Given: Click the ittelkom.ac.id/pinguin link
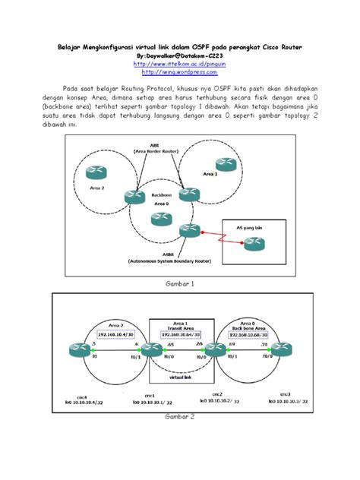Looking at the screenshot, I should pyautogui.click(x=180, y=65).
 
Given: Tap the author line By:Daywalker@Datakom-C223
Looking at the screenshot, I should pyautogui.click(x=180, y=56).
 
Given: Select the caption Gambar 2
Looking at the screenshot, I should pyautogui.click(x=180, y=417).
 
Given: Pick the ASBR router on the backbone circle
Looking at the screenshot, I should pyautogui.click(x=185, y=231).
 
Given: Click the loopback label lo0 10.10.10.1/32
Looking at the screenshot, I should pyautogui.click(x=147, y=403).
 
